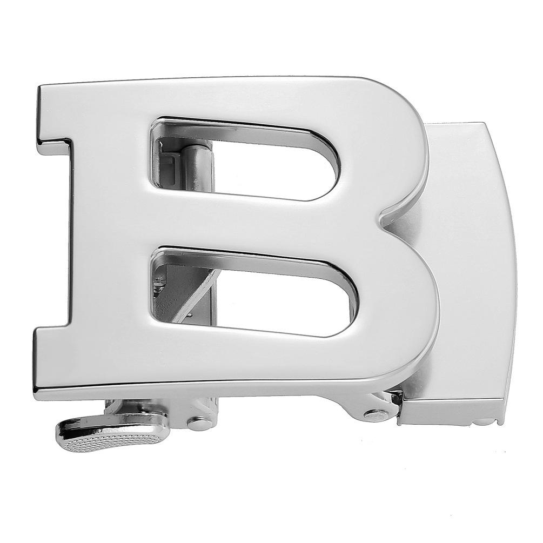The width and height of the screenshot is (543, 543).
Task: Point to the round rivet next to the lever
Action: coord(199,422)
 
